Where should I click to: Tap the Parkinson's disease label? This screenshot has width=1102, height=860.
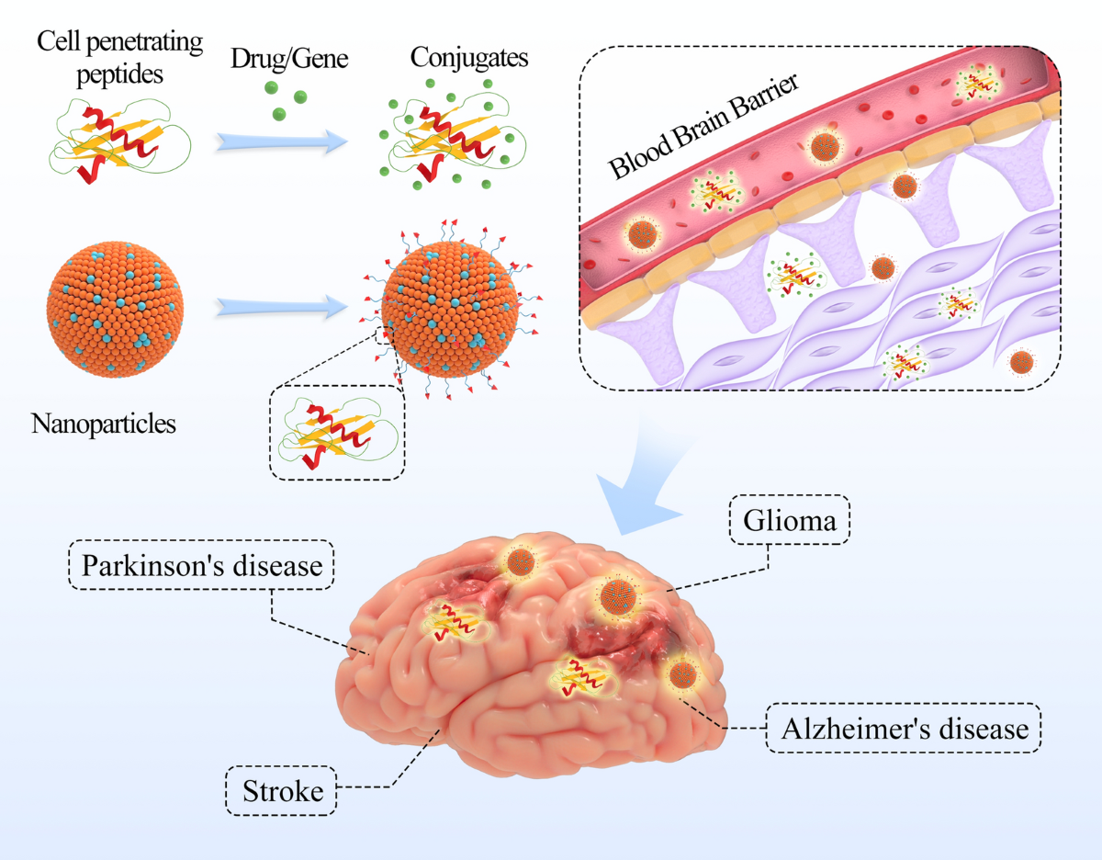tap(202, 565)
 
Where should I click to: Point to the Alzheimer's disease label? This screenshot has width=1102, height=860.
tap(904, 730)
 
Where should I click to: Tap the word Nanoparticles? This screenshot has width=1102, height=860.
tap(104, 424)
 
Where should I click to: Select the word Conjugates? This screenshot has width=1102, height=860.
tap(469, 58)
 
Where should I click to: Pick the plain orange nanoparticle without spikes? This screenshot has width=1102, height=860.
tap(115, 305)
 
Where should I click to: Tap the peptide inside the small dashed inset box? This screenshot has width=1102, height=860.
tap(337, 431)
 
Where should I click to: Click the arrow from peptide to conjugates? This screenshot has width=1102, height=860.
tap(282, 141)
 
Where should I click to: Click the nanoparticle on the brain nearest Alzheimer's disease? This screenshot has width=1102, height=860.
tap(682, 676)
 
